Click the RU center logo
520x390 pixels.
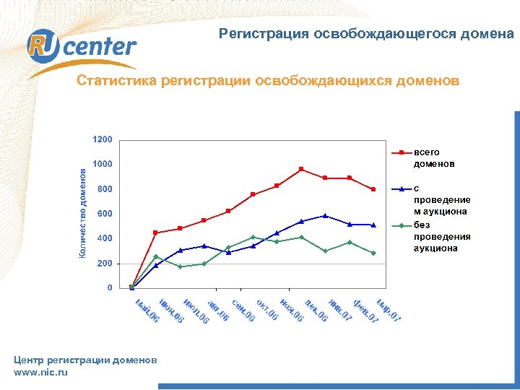tap(82, 47)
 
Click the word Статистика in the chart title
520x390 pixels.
tap(116, 81)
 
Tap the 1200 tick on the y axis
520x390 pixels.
tap(102, 139)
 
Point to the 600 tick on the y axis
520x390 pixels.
tap(105, 214)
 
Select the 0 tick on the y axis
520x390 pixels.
tap(109, 288)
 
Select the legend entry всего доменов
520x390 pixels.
tap(434, 157)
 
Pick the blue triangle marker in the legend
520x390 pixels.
tap(402, 188)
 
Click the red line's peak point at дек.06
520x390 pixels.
tap(301, 169)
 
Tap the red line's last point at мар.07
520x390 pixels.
tap(373, 189)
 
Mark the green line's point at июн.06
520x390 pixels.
tap(156, 256)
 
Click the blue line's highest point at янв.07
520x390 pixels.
tap(325, 215)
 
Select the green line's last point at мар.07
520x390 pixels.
tap(373, 253)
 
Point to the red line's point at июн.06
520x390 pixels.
tap(156, 233)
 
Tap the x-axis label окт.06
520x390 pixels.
tap(267, 311)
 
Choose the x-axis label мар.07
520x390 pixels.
tap(389, 311)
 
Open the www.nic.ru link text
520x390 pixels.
tap(40, 372)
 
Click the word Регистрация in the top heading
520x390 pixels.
tap(264, 33)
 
